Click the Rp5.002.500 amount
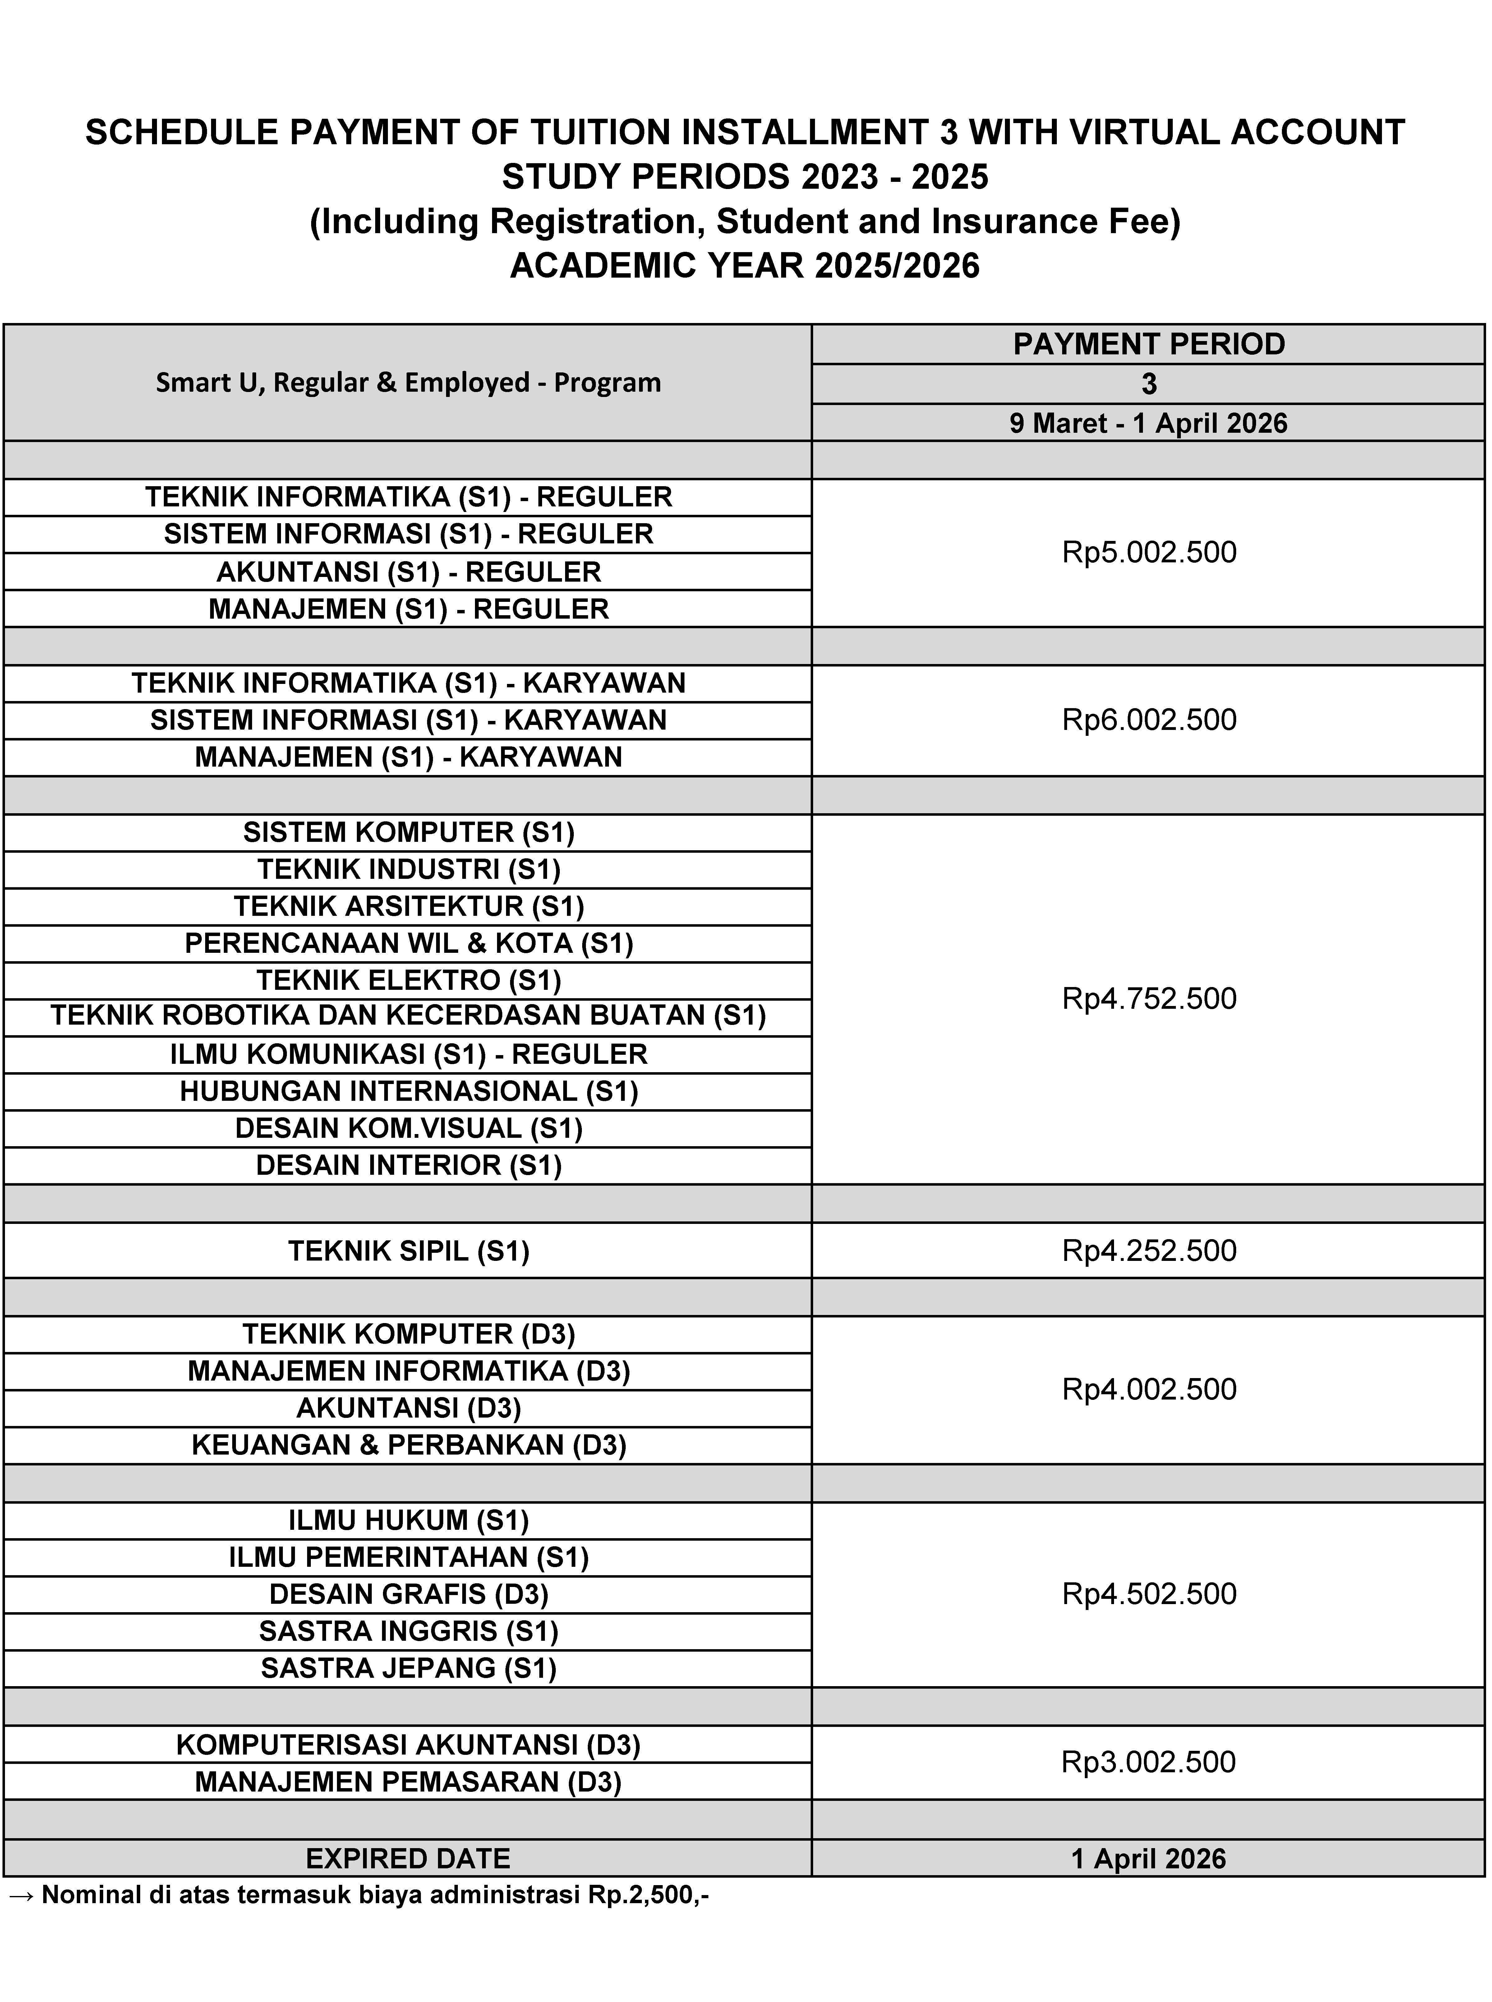[x=1149, y=553]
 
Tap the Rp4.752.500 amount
[x=1149, y=999]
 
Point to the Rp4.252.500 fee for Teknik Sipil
[x=1149, y=1251]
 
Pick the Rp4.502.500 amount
[x=1149, y=1594]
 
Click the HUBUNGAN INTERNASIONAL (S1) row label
[x=408, y=1092]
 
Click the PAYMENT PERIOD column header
[x=1149, y=344]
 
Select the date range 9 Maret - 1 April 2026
[x=1149, y=423]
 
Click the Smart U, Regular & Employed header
[x=408, y=383]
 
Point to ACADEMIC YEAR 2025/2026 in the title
[x=745, y=265]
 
